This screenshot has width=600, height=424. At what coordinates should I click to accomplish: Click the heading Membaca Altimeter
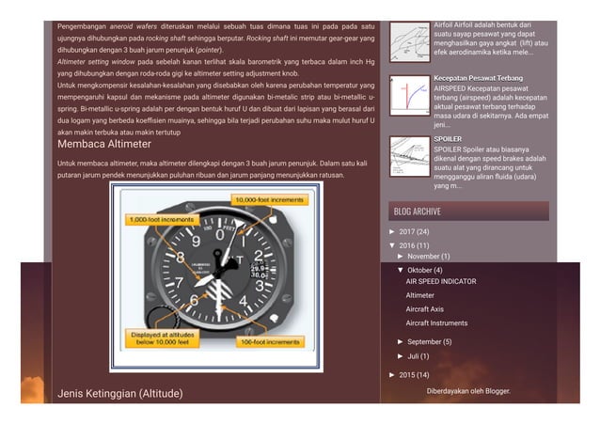coord(103,145)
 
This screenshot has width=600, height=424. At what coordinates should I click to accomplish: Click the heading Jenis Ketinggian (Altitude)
coord(119,392)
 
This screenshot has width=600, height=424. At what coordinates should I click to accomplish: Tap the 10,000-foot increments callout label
coord(269,200)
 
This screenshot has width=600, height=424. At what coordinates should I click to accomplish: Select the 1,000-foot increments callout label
coord(160,220)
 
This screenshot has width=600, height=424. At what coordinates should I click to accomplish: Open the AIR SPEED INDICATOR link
coord(440,281)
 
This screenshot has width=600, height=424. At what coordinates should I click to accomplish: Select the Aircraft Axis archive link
coord(424,309)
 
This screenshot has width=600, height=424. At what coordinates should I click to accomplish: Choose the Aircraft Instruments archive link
coord(436,323)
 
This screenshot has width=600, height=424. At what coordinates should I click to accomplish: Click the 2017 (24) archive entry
coord(414,231)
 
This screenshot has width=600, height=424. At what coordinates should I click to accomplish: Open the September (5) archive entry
coord(429,342)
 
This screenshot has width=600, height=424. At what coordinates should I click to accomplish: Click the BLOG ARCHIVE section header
coord(418,212)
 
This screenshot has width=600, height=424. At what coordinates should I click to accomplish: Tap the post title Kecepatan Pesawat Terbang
coord(478,78)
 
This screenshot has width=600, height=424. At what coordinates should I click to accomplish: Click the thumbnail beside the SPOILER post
coord(409,157)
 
